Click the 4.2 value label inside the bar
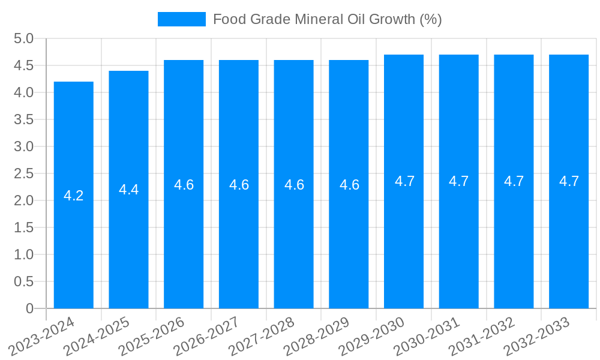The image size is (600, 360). click(x=74, y=196)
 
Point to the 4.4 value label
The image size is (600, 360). click(x=129, y=190)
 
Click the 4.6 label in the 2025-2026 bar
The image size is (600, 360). click(x=184, y=185)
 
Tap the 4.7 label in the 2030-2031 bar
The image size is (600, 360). click(x=459, y=181)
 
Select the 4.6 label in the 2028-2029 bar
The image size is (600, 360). click(x=349, y=185)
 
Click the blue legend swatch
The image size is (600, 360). click(x=182, y=19)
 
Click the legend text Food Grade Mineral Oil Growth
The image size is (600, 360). click(x=327, y=19)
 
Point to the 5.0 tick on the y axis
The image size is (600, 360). click(x=23, y=39)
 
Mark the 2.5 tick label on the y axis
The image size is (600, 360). click(x=23, y=173)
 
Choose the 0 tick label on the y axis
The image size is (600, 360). click(x=29, y=308)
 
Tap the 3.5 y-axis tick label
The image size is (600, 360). click(x=23, y=119)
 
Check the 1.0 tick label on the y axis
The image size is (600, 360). click(x=23, y=254)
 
